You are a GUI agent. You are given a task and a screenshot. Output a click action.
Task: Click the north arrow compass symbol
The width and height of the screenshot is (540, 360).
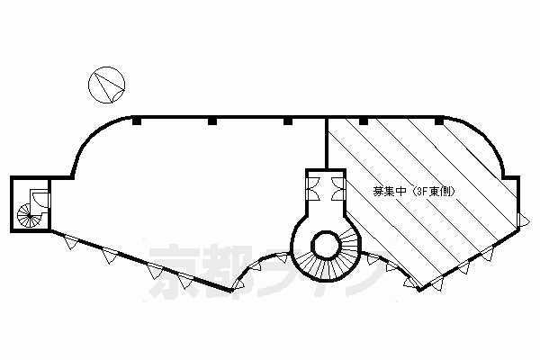pos(106,85)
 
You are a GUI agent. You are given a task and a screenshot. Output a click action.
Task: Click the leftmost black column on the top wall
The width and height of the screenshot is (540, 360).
pos(137,121)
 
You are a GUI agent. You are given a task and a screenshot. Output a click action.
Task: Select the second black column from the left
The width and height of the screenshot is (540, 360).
pos(212,121)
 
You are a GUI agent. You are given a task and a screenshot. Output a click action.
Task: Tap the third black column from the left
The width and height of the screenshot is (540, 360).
pos(288,121)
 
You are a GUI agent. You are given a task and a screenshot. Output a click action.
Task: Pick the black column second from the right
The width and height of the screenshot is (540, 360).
pos(364,121)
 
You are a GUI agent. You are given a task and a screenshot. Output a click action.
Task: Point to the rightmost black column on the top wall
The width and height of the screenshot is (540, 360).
pos(439,121)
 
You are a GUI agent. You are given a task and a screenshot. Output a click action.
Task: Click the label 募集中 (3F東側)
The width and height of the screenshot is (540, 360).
pos(414,192)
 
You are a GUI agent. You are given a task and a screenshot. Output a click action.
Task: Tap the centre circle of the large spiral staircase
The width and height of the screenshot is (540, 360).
pos(326,246)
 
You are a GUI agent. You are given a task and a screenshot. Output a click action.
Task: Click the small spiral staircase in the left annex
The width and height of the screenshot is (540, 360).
pos(30,216)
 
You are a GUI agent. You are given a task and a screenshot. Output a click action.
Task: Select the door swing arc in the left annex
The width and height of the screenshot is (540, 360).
pos(39,198)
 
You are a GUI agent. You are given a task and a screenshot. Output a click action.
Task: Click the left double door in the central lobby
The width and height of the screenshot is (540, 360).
pos(313,189)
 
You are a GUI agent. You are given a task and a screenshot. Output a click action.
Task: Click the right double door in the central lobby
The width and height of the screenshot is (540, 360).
pos(337,189)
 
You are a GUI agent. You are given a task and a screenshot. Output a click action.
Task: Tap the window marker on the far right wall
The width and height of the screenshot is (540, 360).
pos(524,220)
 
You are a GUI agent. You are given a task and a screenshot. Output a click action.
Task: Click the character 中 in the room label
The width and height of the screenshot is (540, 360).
pos(400,192)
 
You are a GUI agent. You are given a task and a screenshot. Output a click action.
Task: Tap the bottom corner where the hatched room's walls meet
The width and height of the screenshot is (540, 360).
pos(419,290)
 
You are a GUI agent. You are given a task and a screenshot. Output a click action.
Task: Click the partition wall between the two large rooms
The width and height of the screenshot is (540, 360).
pos(326,143)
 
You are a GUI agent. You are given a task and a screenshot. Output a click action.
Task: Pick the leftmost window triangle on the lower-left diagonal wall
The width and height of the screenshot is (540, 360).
pos(71,242)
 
